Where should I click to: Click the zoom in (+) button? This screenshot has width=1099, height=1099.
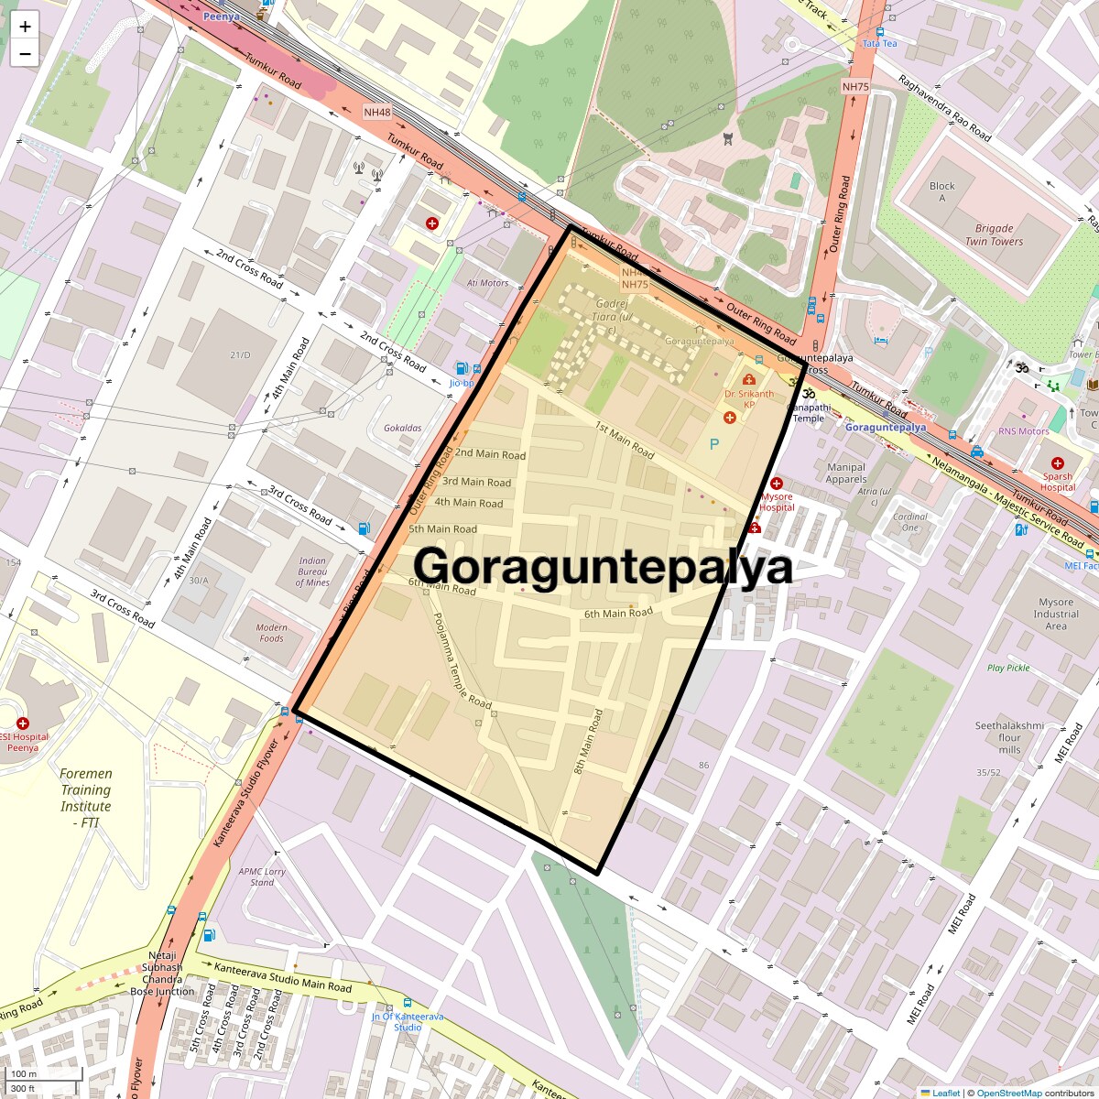point(25,27)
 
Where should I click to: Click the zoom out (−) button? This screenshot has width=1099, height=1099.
point(25,54)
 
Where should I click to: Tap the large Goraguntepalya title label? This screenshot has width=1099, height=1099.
point(603,567)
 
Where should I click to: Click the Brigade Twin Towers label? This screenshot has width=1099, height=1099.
point(994,234)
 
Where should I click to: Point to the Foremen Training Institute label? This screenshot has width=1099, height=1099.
point(85,798)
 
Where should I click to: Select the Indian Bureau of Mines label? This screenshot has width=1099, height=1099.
point(312,571)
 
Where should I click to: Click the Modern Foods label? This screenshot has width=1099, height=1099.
point(271,633)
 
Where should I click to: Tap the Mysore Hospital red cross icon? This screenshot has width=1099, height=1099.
point(776,484)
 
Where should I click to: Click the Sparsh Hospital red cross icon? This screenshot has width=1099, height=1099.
point(1058,463)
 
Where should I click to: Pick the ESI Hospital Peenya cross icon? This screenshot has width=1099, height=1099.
point(23,724)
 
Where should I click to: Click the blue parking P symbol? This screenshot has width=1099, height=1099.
point(714,445)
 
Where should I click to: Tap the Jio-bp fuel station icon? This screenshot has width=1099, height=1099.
point(461,368)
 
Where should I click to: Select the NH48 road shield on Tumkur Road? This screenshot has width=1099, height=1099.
point(376,113)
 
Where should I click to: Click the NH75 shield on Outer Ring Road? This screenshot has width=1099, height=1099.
point(854,87)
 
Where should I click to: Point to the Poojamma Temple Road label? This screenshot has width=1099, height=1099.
point(462,660)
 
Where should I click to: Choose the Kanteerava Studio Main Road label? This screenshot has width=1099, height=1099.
point(282,977)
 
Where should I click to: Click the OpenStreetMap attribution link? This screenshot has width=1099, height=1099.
point(1009,1093)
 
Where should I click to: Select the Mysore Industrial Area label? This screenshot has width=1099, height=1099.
point(1056,614)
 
